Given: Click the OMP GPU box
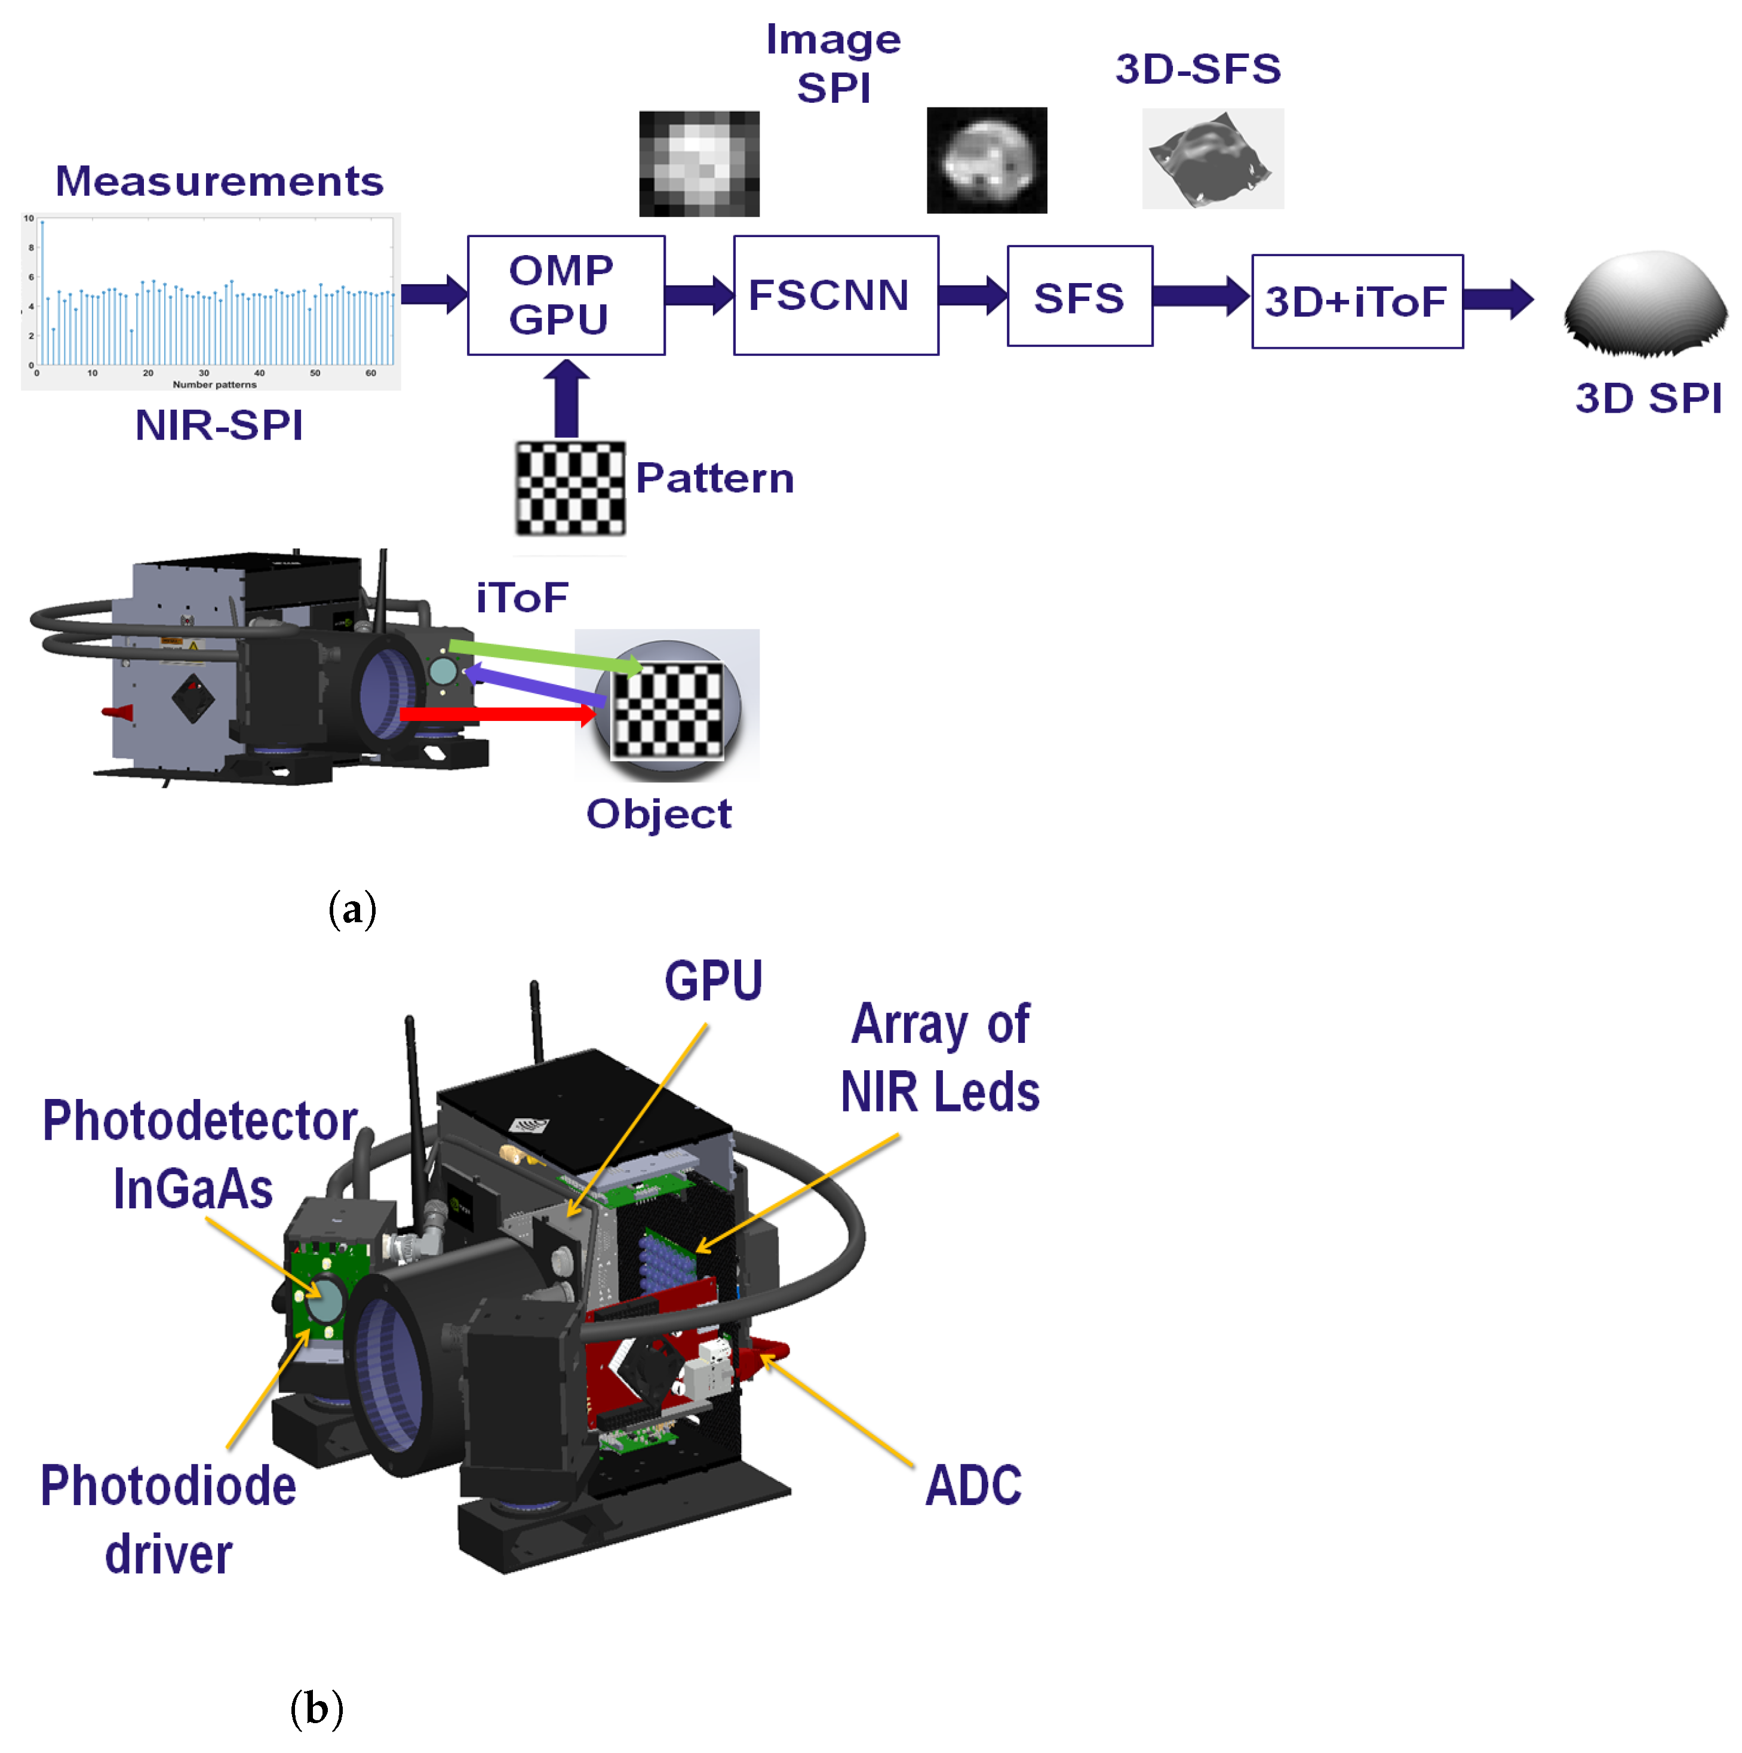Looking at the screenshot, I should (566, 295).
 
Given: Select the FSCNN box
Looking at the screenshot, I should (835, 295).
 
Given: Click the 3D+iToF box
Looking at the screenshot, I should (1356, 301).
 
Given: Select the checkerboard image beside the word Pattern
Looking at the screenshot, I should (570, 487).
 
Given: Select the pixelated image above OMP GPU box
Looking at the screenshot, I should (699, 163).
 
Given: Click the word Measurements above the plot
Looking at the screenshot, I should (220, 182).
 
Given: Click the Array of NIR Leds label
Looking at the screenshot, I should (940, 1058).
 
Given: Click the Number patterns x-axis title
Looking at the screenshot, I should (214, 385).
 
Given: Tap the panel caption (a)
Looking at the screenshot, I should (352, 909).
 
